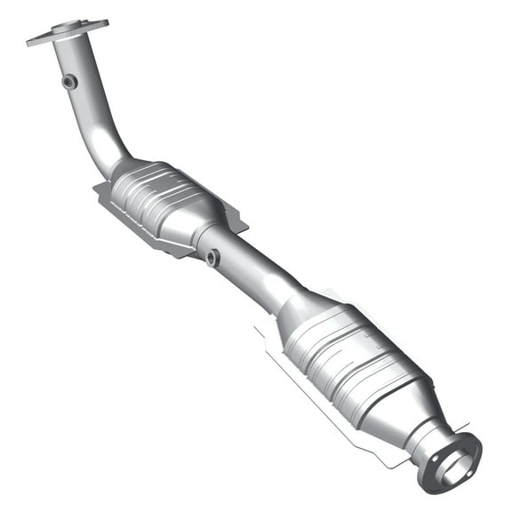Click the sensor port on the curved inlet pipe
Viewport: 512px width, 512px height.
[69, 82]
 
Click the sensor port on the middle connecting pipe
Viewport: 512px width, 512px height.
[212, 258]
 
